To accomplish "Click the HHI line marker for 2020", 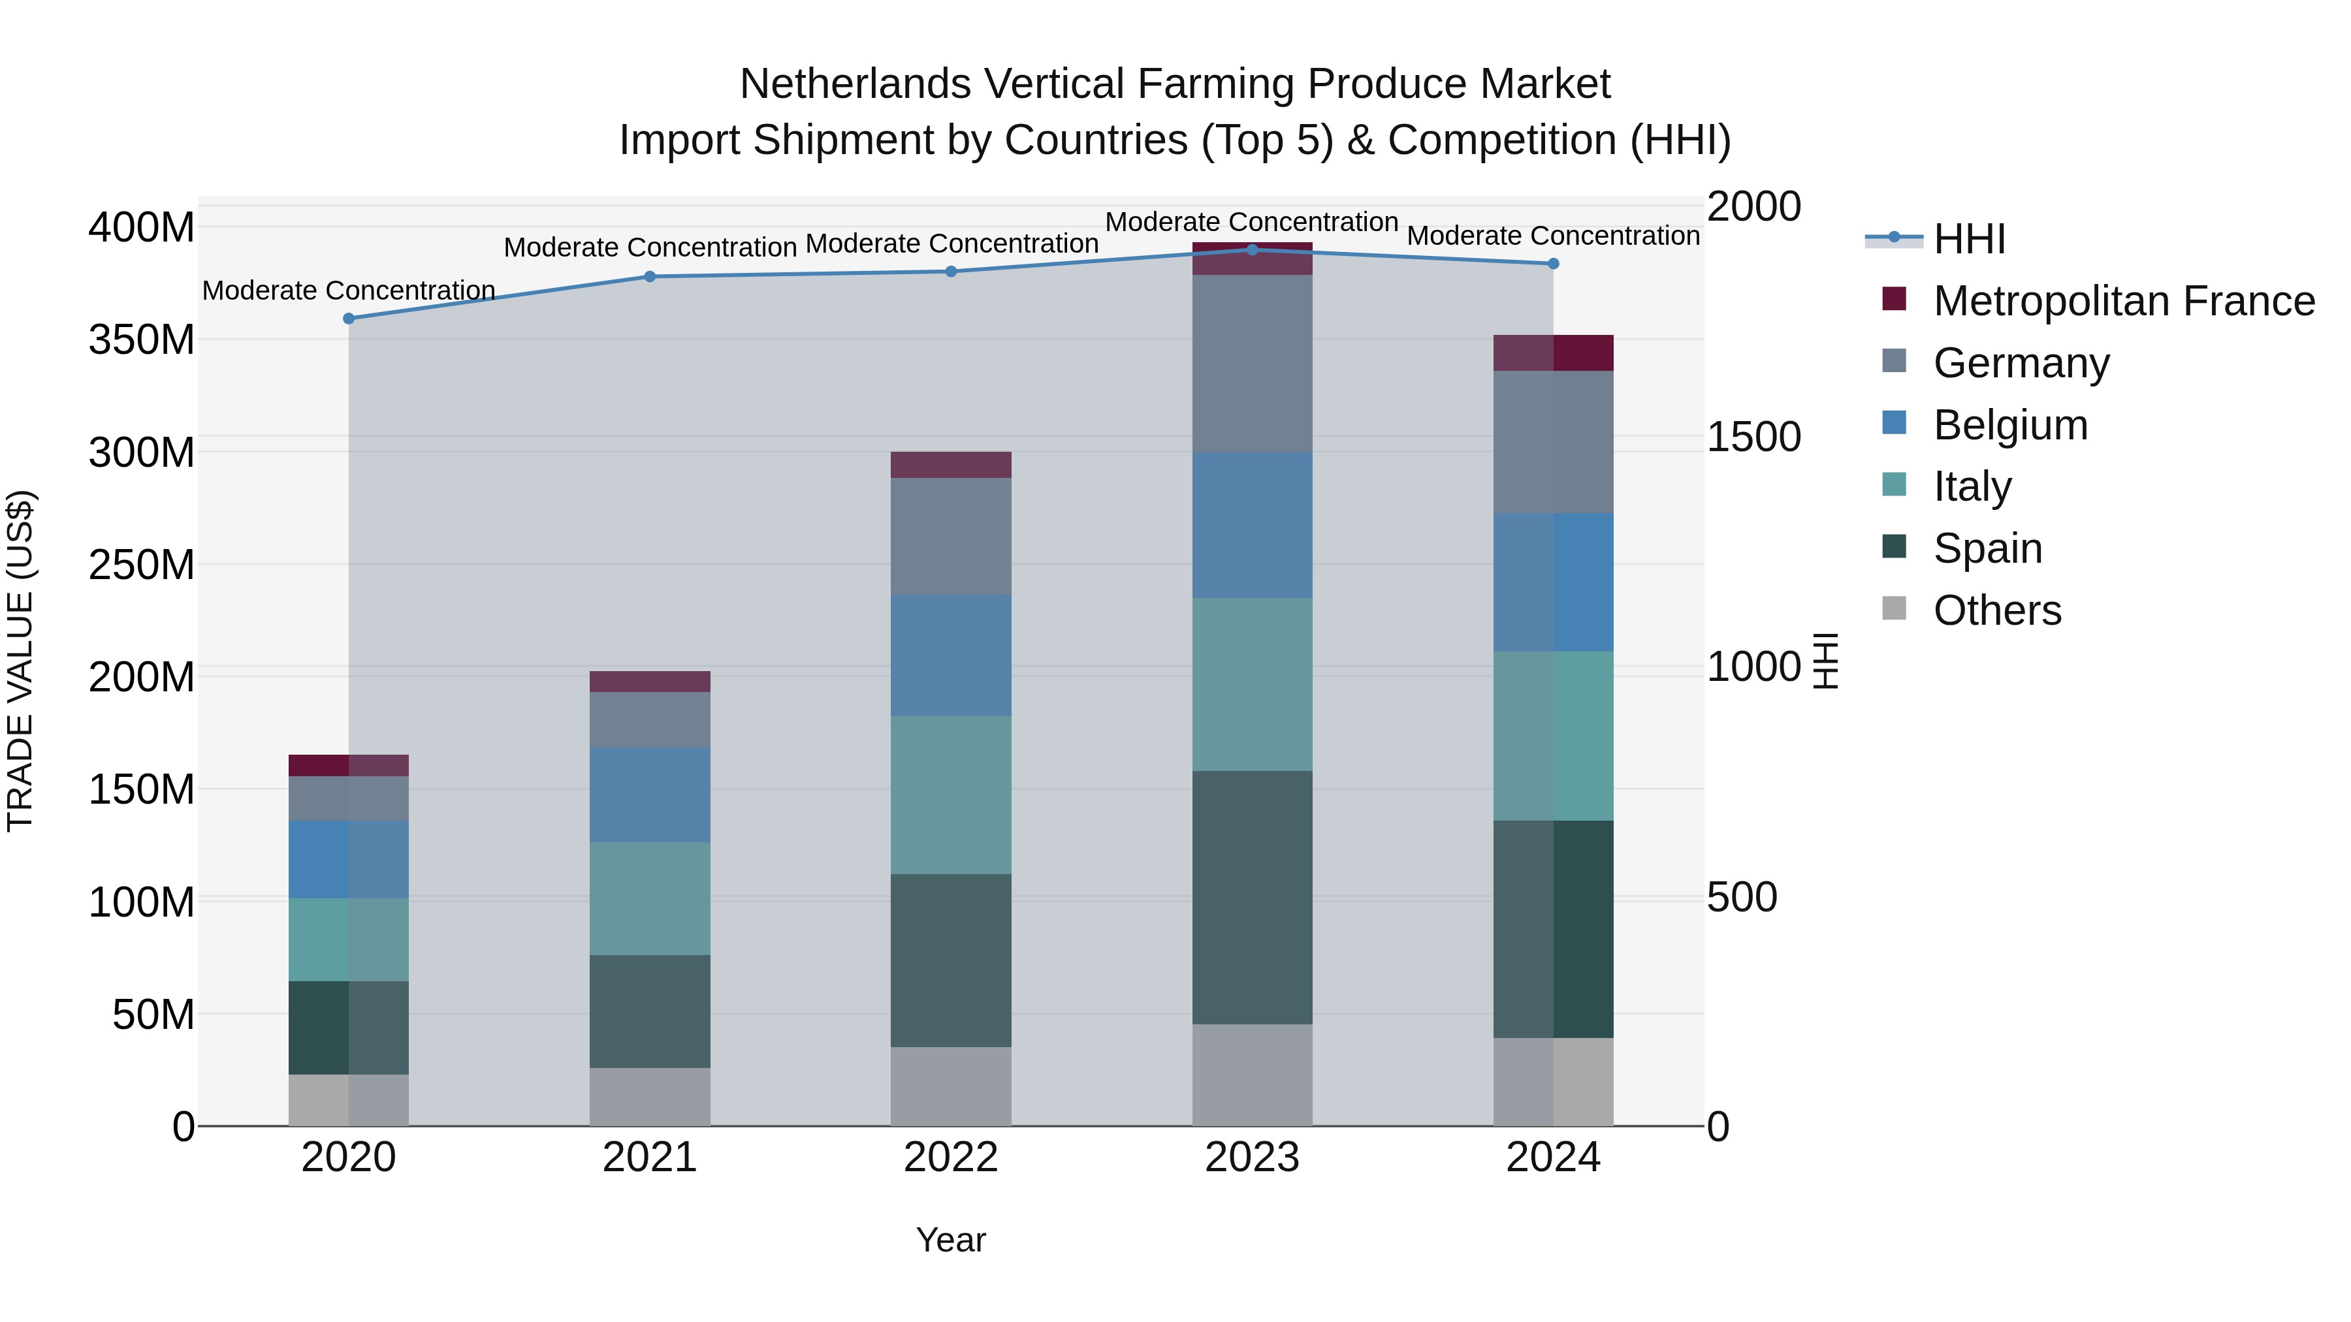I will click(x=349, y=319).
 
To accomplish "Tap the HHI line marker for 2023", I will click(x=1252, y=249).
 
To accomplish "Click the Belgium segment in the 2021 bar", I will click(x=650, y=794).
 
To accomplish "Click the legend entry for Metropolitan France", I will click(x=2123, y=301).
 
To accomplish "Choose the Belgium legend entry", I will click(x=2009, y=425).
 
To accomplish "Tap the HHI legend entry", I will click(x=1968, y=239).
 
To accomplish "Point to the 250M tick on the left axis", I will click(x=142, y=565).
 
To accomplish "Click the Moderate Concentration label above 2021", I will click(x=650, y=247).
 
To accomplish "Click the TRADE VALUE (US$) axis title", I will click(x=20, y=661).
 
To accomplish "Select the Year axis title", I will click(x=950, y=1240).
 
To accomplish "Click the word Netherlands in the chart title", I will click(x=854, y=84).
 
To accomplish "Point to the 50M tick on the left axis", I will click(x=153, y=1015).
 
